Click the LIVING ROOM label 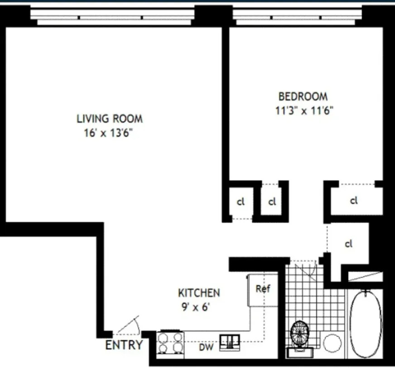(109, 119)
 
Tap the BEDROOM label (303, 96)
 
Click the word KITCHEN (199, 293)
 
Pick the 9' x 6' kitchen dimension (194, 307)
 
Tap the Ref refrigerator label (263, 289)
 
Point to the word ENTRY (124, 345)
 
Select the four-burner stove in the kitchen (170, 343)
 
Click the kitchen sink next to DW (231, 342)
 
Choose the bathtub (366, 324)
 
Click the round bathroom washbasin (332, 343)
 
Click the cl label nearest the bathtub (348, 244)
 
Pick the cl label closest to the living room (241, 202)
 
